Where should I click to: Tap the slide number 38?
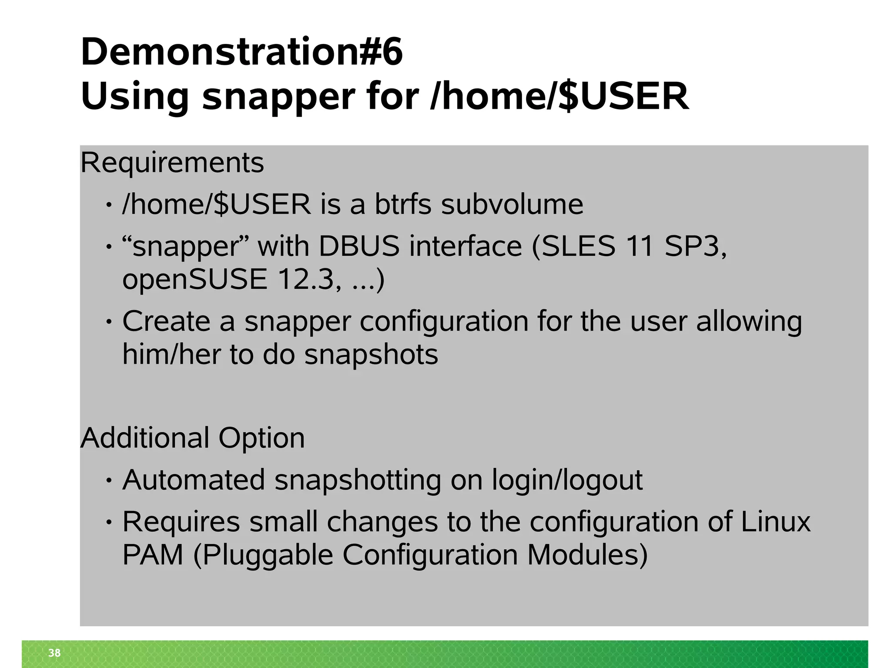[x=54, y=653]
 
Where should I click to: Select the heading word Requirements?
[x=172, y=163]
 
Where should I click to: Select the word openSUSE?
[x=194, y=279]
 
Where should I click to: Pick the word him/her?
[x=171, y=354]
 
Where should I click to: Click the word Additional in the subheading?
[x=145, y=438]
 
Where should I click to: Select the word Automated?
[x=194, y=480]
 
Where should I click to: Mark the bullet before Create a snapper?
[x=109, y=322]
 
